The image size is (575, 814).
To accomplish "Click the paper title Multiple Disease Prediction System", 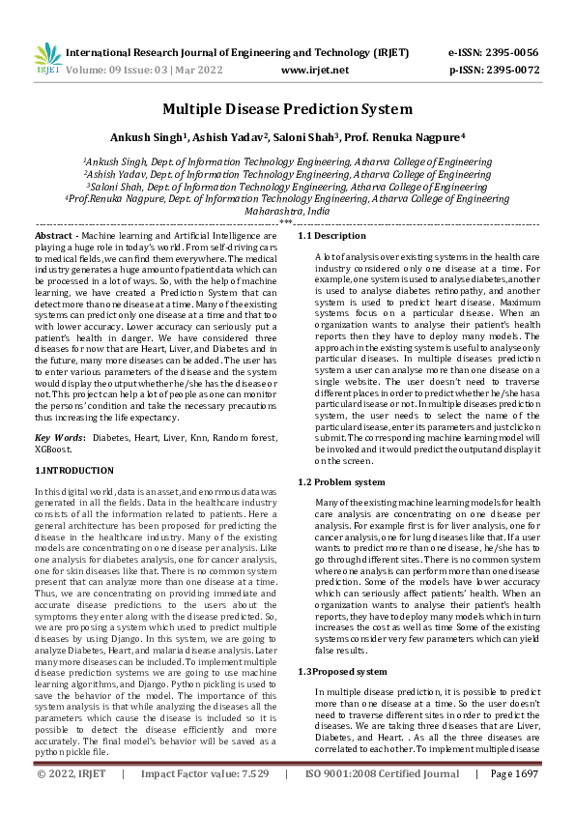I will (287, 109).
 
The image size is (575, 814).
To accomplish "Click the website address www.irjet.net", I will (314, 70).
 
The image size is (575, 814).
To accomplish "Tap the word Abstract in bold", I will (54, 236).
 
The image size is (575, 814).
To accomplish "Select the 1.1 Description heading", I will (331, 236).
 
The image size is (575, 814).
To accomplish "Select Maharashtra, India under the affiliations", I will (287, 210).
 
